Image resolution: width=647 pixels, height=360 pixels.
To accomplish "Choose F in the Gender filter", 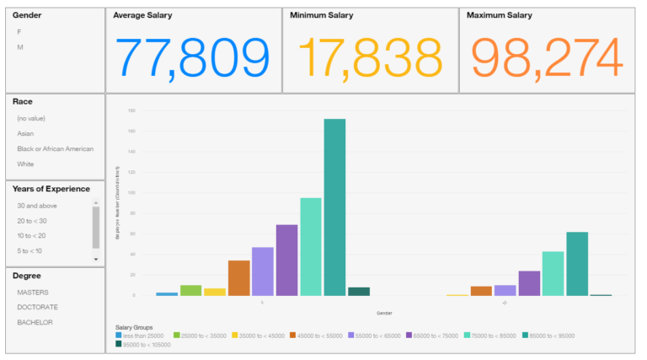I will pyautogui.click(x=19, y=31).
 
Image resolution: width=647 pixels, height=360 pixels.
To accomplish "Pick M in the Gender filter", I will pyautogui.click(x=20, y=47).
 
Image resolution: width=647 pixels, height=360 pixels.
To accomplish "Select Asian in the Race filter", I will pyautogui.click(x=26, y=133).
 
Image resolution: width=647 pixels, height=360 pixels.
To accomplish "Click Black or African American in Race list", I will pyautogui.click(x=55, y=148).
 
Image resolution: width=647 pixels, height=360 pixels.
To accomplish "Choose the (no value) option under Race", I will pyautogui.click(x=32, y=118).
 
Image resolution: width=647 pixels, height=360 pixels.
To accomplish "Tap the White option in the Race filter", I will pyautogui.click(x=26, y=164).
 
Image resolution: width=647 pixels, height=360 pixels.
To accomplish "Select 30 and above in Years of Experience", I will pyautogui.click(x=37, y=205).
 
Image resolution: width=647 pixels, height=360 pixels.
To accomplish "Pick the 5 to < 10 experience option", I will pyautogui.click(x=29, y=251).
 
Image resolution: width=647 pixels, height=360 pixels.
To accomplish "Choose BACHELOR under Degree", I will pyautogui.click(x=35, y=322).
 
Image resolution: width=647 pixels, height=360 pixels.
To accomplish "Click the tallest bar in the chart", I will pyautogui.click(x=334, y=207).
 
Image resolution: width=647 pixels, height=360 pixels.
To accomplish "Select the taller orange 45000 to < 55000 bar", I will pyautogui.click(x=238, y=278).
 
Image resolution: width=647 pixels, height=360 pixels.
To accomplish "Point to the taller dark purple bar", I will pyautogui.click(x=286, y=261).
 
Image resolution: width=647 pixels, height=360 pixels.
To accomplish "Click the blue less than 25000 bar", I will pyautogui.click(x=167, y=294).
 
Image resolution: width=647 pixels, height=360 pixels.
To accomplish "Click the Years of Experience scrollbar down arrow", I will pyautogui.click(x=96, y=259).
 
